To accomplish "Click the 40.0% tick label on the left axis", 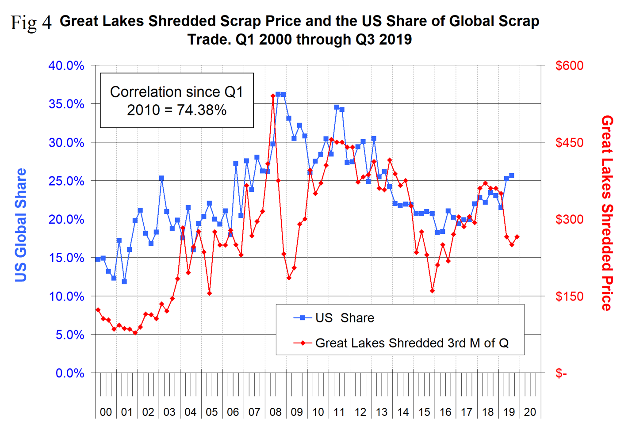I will click(66, 66).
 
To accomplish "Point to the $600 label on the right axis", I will click(569, 66).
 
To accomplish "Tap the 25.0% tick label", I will click(66, 181).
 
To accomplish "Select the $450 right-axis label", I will click(569, 143).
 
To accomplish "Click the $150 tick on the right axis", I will click(569, 297).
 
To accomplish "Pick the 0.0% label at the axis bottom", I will click(69, 373).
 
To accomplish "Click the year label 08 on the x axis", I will click(276, 412).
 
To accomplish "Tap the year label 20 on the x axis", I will click(530, 412).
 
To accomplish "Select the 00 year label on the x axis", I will click(106, 412).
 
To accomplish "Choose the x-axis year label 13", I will click(382, 412).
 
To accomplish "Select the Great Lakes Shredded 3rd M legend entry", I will click(411, 343).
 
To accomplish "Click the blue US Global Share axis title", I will click(21, 225).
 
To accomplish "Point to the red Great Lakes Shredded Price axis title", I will click(607, 213).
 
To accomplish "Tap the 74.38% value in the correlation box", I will click(201, 110).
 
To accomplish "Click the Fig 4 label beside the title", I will click(31, 22).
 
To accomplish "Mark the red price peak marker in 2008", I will click(273, 95).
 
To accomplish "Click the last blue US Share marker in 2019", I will click(512, 176).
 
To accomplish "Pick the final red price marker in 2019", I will click(517, 237).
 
